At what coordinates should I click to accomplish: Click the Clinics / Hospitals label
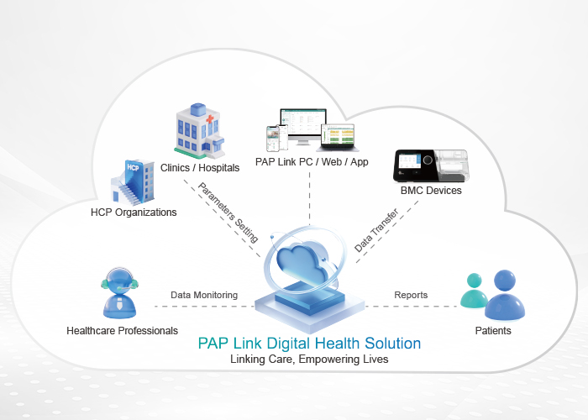[x=200, y=167]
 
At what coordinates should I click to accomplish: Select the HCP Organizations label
[x=134, y=213]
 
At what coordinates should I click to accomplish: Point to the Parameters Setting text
[x=228, y=209]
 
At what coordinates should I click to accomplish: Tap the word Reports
[x=411, y=295]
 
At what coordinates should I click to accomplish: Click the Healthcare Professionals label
[x=122, y=331]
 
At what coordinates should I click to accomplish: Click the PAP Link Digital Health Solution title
[x=309, y=344]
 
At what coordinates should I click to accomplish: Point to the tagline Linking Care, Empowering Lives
[x=308, y=360]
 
